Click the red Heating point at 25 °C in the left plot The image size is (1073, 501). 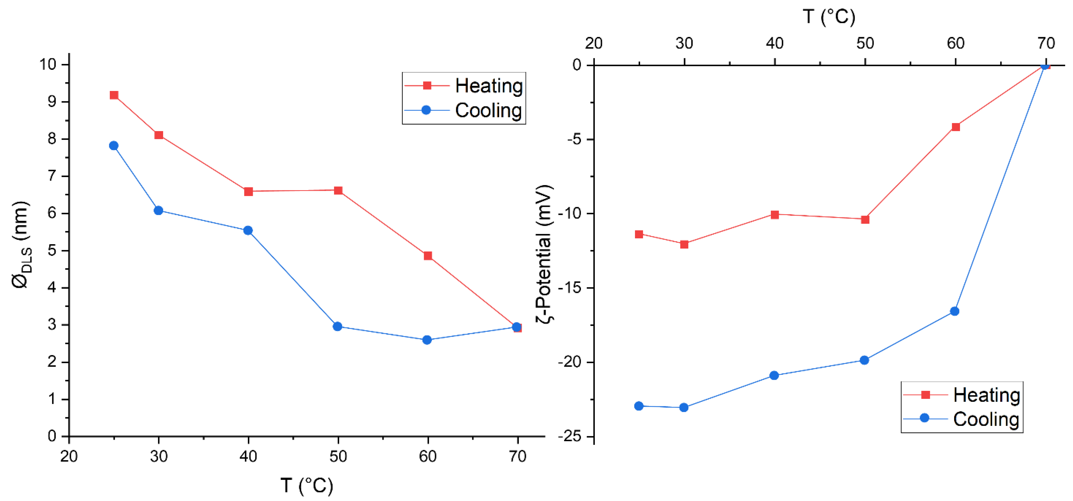click(114, 95)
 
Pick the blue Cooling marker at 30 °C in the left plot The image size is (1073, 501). click(158, 211)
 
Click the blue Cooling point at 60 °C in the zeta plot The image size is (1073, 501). click(955, 311)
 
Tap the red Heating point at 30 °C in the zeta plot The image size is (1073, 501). click(684, 244)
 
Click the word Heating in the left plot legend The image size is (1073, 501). click(489, 86)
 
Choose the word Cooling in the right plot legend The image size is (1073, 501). click(986, 419)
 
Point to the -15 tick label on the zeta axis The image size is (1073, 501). click(570, 288)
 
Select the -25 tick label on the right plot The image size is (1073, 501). click(570, 437)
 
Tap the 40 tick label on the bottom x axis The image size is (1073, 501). click(248, 457)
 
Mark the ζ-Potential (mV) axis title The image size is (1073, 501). click(545, 254)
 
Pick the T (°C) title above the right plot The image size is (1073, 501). click(829, 17)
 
